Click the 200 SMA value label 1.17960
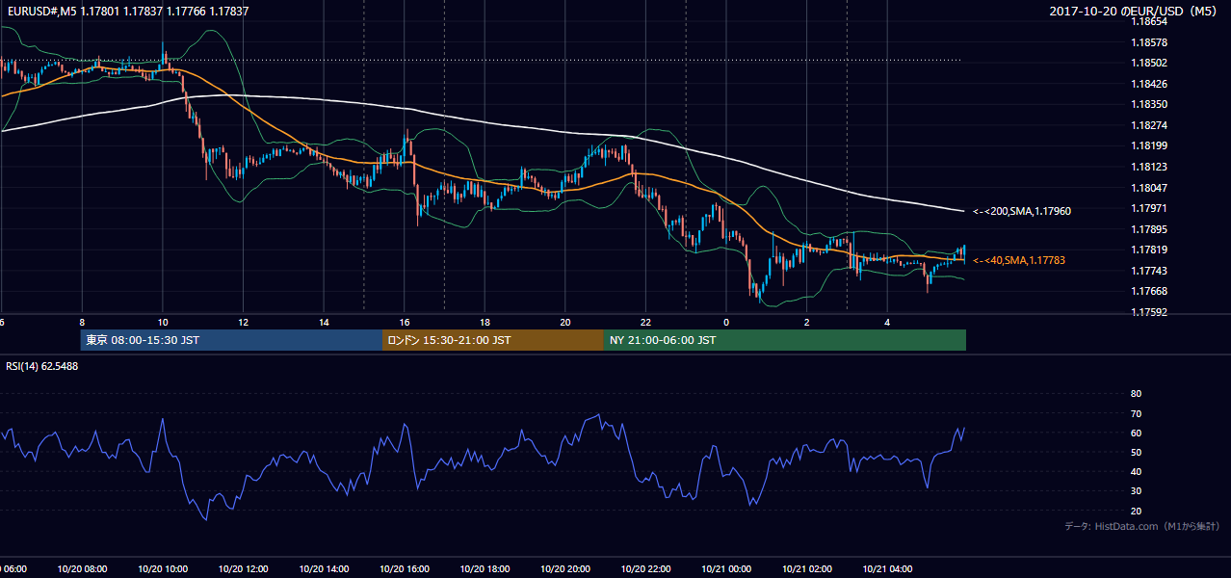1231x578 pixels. (1022, 211)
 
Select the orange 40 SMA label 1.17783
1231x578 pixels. (1019, 260)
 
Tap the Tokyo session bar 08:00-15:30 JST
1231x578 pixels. (231, 340)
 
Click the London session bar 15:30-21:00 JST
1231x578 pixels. (493, 340)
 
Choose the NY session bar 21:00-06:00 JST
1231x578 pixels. (785, 340)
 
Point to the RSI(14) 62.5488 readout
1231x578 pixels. (41, 366)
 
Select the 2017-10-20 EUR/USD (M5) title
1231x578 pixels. (1133, 11)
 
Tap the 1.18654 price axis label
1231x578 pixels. (1149, 21)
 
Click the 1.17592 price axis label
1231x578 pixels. (1149, 312)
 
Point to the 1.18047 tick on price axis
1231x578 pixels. (1149, 188)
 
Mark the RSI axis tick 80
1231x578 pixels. (1136, 393)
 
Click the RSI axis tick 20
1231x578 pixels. (1136, 511)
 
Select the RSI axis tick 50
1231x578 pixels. (1136, 452)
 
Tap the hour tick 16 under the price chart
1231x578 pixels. (405, 323)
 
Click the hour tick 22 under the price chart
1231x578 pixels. (645, 323)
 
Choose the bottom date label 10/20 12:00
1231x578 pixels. (244, 569)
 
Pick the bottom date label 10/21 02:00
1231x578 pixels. (807, 569)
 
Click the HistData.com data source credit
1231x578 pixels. (1142, 526)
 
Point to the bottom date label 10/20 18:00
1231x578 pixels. (485, 569)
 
